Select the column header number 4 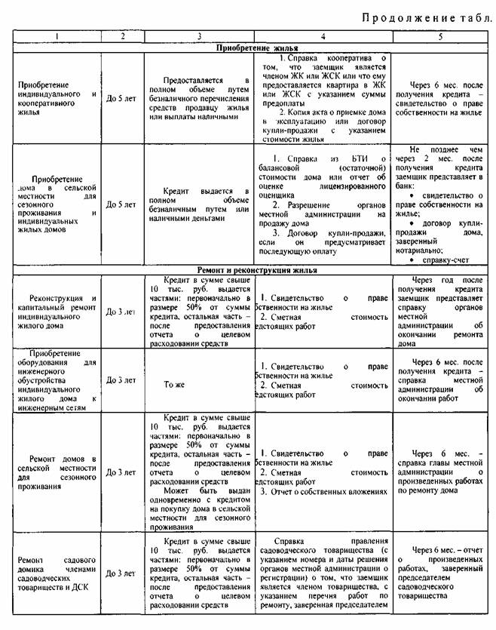pos(323,35)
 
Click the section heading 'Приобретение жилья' pos(248,47)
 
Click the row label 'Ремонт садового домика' pos(58,573)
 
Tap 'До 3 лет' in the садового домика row pos(121,573)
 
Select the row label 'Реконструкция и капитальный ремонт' pos(58,309)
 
